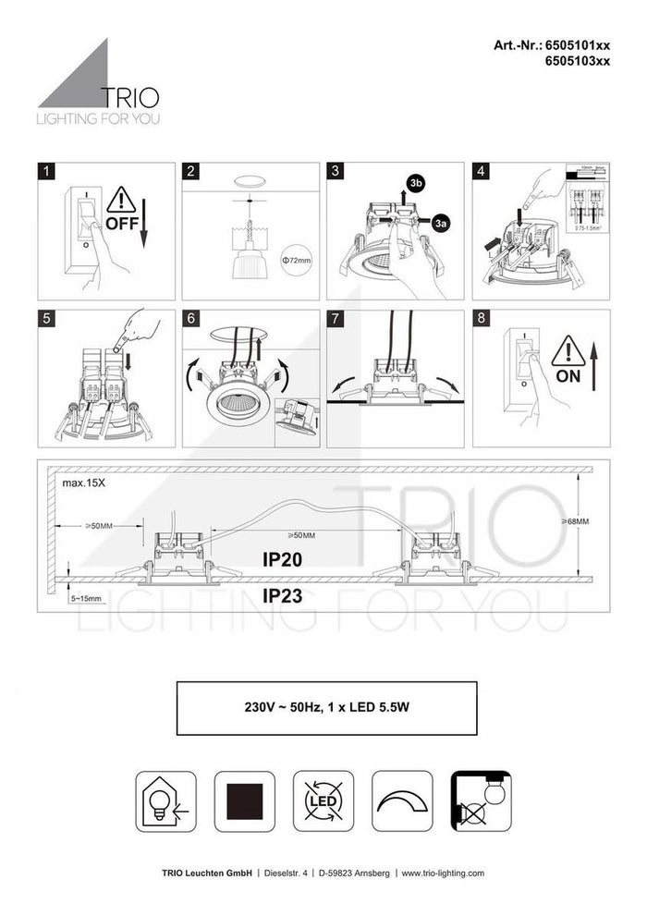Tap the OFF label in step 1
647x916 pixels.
pos(122,224)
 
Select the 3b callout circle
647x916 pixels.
pos(415,184)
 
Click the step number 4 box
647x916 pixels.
pos(481,171)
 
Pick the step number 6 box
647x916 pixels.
pos(191,318)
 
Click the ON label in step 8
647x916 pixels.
pos(568,377)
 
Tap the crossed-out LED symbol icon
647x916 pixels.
pos(323,801)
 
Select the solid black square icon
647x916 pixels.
pos(245,801)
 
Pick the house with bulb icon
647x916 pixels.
pos(166,801)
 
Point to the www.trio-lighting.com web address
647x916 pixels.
pos(440,873)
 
